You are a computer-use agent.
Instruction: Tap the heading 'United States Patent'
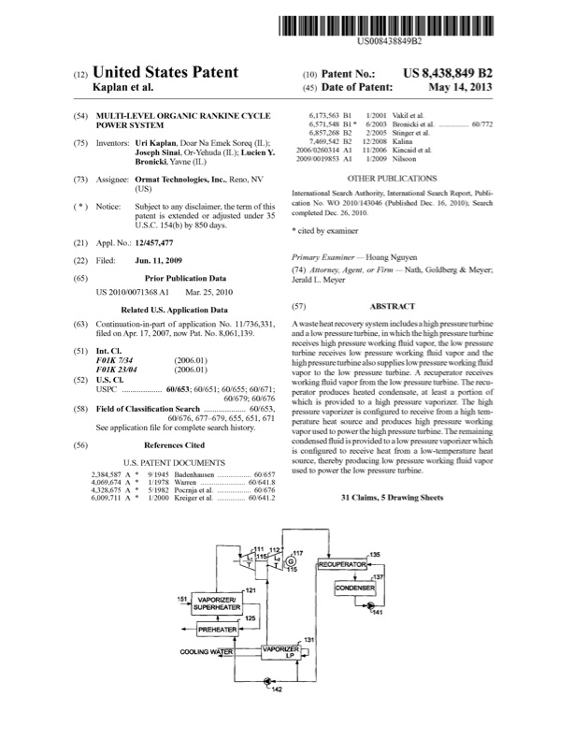165,72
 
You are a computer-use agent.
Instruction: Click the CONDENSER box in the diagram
355,588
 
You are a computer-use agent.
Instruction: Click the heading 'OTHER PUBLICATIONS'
392,177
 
